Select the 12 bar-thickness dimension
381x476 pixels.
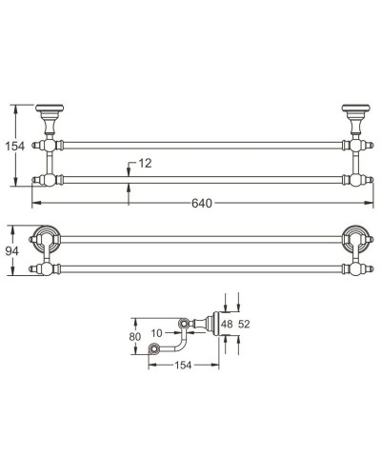(144, 164)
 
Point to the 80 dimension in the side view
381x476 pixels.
(134, 336)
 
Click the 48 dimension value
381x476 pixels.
(227, 325)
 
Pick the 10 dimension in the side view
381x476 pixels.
(157, 332)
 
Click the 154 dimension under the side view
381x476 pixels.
(182, 367)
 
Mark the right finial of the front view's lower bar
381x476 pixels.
(367, 180)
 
